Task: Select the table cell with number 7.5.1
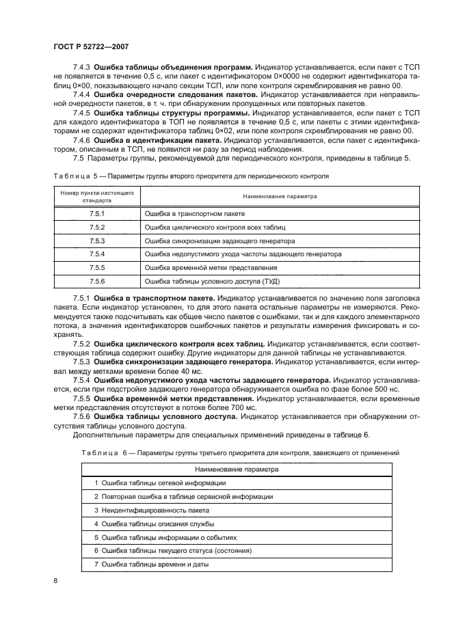coord(96,214)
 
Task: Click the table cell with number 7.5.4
coord(96,254)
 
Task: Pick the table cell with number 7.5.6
coord(96,280)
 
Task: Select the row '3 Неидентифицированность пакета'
coord(151,510)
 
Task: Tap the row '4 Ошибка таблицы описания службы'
coord(155,524)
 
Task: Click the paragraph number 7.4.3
coord(81,67)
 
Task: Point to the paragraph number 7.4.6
coord(81,139)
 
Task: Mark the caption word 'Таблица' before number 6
coord(99,452)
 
